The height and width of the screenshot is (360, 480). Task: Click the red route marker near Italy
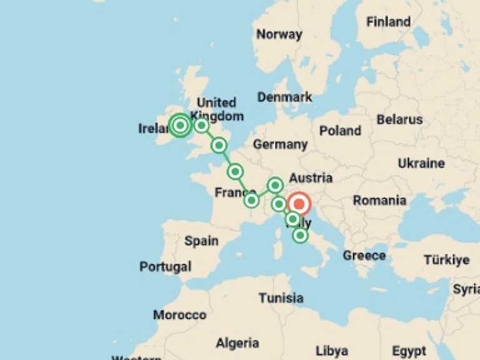tap(299, 204)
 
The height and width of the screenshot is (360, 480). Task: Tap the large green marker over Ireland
tap(180, 125)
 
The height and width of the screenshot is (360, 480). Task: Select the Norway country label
tap(279, 34)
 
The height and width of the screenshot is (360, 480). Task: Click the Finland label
tap(388, 22)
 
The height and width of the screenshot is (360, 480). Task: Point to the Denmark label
tap(284, 97)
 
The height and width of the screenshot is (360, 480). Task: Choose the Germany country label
tap(280, 144)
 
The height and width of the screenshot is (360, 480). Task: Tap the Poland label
tap(340, 131)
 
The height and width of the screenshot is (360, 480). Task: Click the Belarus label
tap(399, 119)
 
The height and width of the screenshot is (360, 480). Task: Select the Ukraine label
tap(421, 163)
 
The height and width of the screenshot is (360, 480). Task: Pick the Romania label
tap(379, 201)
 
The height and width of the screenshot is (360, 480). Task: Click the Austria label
tap(311, 177)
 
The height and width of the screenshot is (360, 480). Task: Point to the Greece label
tap(364, 256)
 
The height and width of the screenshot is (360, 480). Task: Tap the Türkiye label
tap(446, 259)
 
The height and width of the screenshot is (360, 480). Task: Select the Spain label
tap(201, 241)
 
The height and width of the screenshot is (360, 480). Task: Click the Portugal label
tap(165, 267)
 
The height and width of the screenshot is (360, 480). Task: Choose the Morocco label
tap(179, 315)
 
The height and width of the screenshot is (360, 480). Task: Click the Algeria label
tap(237, 343)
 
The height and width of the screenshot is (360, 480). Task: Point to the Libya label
tap(331, 351)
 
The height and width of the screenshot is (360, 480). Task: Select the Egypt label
tap(409, 351)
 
